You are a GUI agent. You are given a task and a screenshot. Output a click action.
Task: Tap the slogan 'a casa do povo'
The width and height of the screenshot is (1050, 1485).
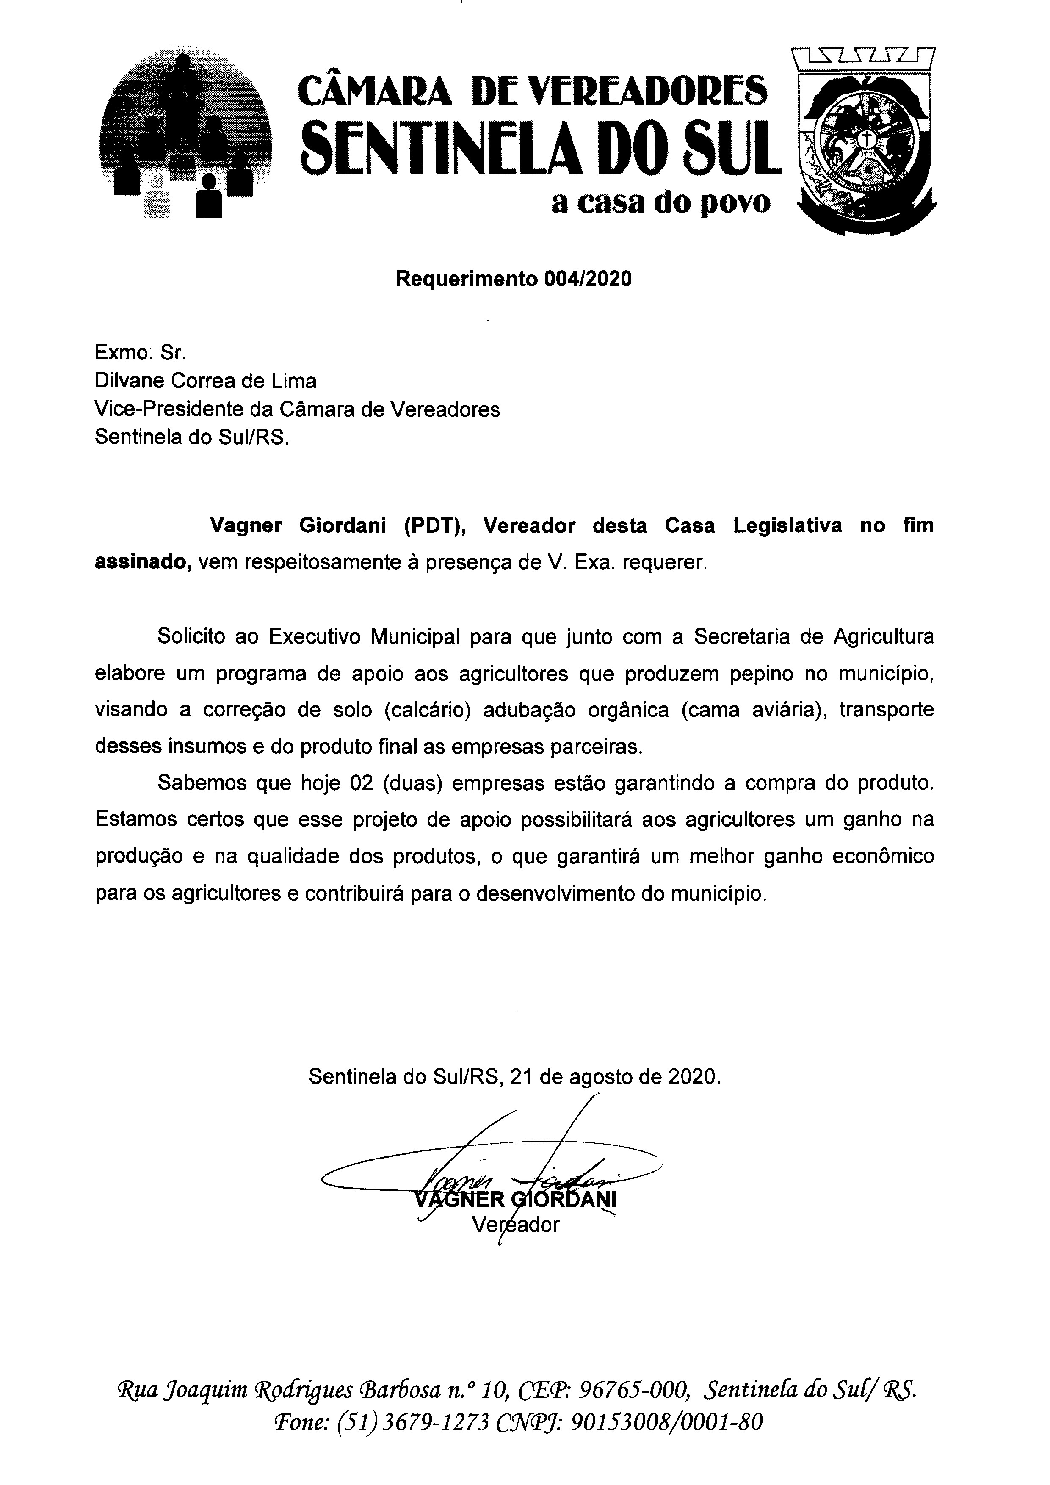pyautogui.click(x=661, y=203)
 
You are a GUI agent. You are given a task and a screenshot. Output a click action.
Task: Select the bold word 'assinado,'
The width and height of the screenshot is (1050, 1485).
pyautogui.click(x=143, y=562)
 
